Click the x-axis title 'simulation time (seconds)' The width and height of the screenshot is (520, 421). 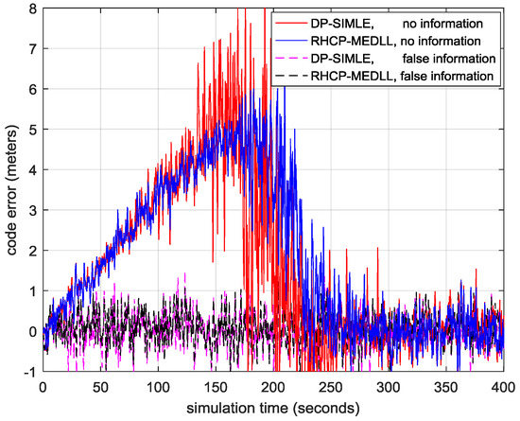pyautogui.click(x=273, y=410)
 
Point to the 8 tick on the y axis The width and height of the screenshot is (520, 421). pyautogui.click(x=32, y=8)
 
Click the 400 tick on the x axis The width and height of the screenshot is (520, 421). pyautogui.click(x=504, y=388)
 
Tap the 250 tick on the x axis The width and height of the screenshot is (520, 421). pyautogui.click(x=331, y=388)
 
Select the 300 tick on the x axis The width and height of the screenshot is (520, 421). pyautogui.click(x=389, y=388)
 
